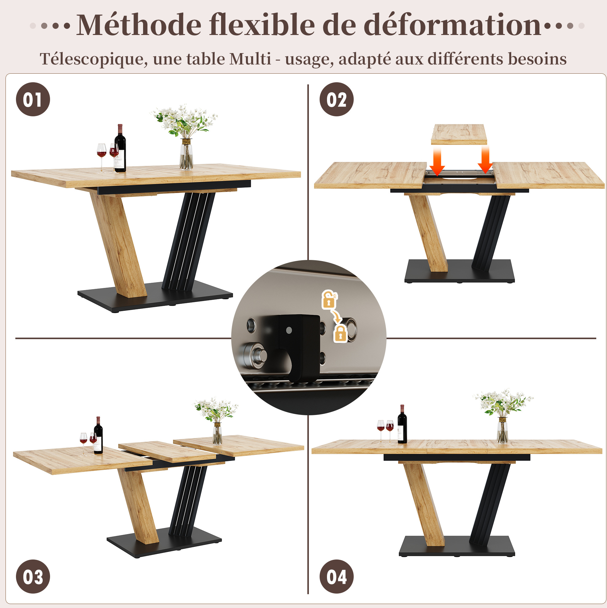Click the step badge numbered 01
(x=33, y=99)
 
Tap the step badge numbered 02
(x=336, y=99)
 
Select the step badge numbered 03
(x=33, y=576)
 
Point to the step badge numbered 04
(x=336, y=576)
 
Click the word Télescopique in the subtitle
(x=94, y=59)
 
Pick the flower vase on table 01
(x=186, y=154)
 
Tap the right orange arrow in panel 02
(x=485, y=160)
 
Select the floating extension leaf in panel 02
(x=459, y=134)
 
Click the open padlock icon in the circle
(x=329, y=299)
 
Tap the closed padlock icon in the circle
(x=340, y=334)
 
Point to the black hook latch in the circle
(x=299, y=346)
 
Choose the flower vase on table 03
(x=217, y=433)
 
